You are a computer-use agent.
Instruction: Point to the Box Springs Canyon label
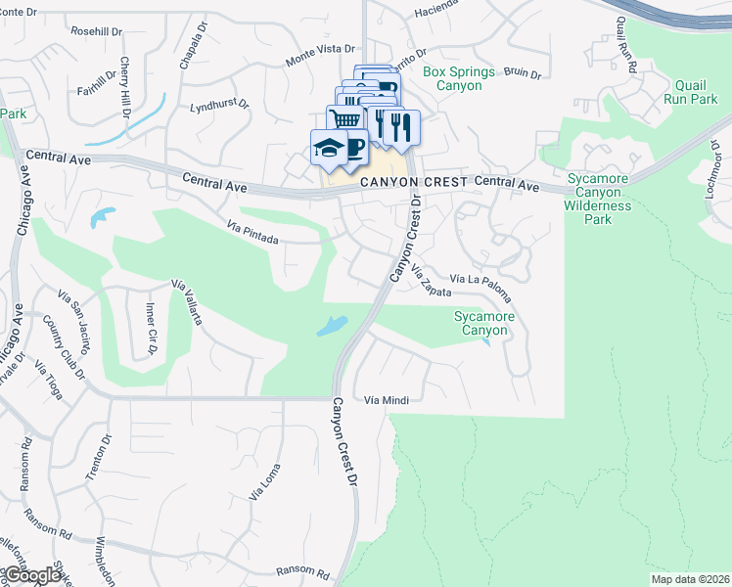(x=466, y=78)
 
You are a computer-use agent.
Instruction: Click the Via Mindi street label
(x=385, y=400)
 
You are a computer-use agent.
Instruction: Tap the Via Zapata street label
(x=431, y=281)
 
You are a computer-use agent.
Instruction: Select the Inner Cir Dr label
(x=151, y=323)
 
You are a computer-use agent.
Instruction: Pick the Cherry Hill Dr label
(x=126, y=86)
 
